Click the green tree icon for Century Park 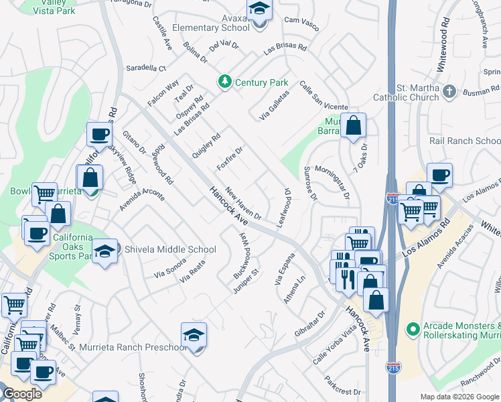226,82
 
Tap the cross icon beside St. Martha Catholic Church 449,90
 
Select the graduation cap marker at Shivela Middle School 104,251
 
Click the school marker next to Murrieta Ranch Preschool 194,336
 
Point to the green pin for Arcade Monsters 413,330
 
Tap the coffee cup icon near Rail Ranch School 439,176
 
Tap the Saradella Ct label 146,68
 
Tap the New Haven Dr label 243,202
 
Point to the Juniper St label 246,281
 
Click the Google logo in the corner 22,394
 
